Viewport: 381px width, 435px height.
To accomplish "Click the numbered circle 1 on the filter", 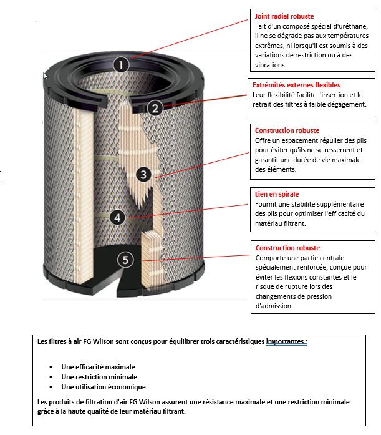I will click(x=122, y=64).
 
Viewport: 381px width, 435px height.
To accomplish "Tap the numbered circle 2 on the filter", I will click(x=156, y=107).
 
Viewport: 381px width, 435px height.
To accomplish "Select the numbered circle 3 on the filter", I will click(x=143, y=175).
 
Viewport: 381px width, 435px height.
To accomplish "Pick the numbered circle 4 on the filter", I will click(x=117, y=217).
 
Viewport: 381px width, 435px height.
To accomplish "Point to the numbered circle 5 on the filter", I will click(x=126, y=260).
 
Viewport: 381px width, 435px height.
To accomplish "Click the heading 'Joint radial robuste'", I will click(x=284, y=16).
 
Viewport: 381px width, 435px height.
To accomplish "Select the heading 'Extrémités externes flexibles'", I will click(x=296, y=85).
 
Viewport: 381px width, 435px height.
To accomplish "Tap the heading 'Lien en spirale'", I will click(x=277, y=195).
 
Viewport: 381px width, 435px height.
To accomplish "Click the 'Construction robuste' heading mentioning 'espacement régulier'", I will click(x=287, y=131).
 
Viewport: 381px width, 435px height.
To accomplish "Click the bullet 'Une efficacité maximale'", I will click(x=97, y=367).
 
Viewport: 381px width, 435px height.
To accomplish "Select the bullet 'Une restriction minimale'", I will click(x=99, y=377).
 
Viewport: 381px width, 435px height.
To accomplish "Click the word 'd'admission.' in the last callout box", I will click(x=275, y=306).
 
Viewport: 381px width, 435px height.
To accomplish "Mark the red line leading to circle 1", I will click(x=187, y=40).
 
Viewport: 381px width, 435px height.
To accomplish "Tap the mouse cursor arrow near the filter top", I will click(x=45, y=75).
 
